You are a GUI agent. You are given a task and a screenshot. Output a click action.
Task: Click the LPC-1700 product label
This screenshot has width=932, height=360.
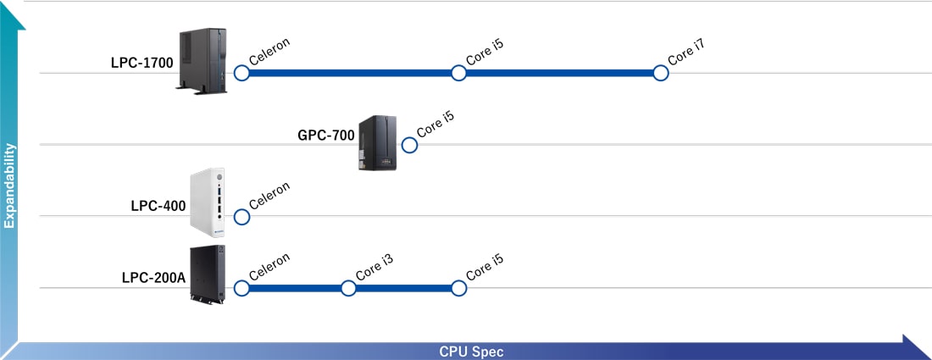point(142,62)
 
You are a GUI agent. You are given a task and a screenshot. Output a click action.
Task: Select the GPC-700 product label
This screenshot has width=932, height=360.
point(325,135)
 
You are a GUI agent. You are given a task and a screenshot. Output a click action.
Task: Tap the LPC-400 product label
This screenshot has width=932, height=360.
point(158,205)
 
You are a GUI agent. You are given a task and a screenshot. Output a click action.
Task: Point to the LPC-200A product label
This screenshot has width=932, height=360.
point(153,276)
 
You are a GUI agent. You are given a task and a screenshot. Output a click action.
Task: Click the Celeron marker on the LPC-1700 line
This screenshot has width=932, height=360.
point(241,74)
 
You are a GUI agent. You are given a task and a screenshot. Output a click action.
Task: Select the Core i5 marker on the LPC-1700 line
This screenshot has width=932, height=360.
point(458,74)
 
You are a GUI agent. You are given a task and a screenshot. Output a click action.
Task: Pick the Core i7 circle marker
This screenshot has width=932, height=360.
point(661,74)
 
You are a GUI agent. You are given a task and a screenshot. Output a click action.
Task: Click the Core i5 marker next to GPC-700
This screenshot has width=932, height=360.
point(409,145)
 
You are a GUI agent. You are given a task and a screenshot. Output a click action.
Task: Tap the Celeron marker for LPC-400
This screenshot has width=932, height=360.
point(241,217)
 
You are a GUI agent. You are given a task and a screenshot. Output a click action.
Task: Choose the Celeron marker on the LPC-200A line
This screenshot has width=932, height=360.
point(241,289)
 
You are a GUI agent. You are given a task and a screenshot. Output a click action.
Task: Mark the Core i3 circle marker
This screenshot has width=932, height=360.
point(348,289)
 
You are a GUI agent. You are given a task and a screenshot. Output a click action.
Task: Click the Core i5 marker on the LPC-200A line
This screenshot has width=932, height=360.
point(458,289)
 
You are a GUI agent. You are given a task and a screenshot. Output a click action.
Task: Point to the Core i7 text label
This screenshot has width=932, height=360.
point(687,53)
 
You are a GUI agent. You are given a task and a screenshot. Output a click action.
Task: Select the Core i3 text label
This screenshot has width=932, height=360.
point(374,268)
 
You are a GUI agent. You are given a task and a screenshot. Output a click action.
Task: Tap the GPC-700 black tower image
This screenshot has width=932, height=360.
point(377,142)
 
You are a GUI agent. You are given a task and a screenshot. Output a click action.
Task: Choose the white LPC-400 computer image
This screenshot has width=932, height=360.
point(208,201)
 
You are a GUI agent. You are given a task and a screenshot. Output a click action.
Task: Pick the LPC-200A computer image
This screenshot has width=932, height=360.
point(208,275)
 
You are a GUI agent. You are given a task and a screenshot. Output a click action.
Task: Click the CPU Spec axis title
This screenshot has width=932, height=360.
point(471,352)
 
